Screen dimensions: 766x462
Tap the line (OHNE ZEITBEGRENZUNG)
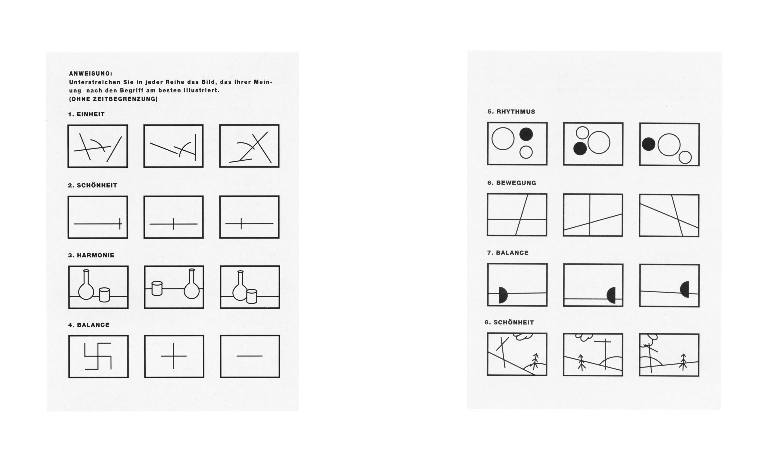tap(113, 99)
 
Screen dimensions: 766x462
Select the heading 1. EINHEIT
tap(86, 114)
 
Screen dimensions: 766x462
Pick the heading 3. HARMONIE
tap(91, 255)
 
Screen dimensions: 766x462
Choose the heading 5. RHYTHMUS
tap(511, 112)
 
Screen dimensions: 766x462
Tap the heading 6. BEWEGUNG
tap(512, 183)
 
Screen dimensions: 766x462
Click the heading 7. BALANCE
tap(508, 253)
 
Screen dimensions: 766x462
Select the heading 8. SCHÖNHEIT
tap(509, 322)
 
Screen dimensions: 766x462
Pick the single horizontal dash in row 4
tap(249, 356)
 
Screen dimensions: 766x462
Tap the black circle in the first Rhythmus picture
tap(526, 134)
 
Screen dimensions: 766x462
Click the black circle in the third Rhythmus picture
tap(649, 144)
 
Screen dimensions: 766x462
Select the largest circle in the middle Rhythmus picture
tap(599, 142)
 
